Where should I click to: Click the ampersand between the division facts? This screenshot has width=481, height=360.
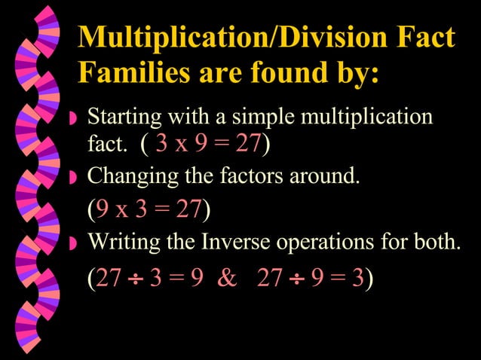[226, 279]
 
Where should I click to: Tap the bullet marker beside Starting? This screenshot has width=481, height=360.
[72, 120]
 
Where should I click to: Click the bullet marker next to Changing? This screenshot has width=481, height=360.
[72, 178]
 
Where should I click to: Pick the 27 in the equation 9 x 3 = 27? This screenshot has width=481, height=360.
[188, 210]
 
